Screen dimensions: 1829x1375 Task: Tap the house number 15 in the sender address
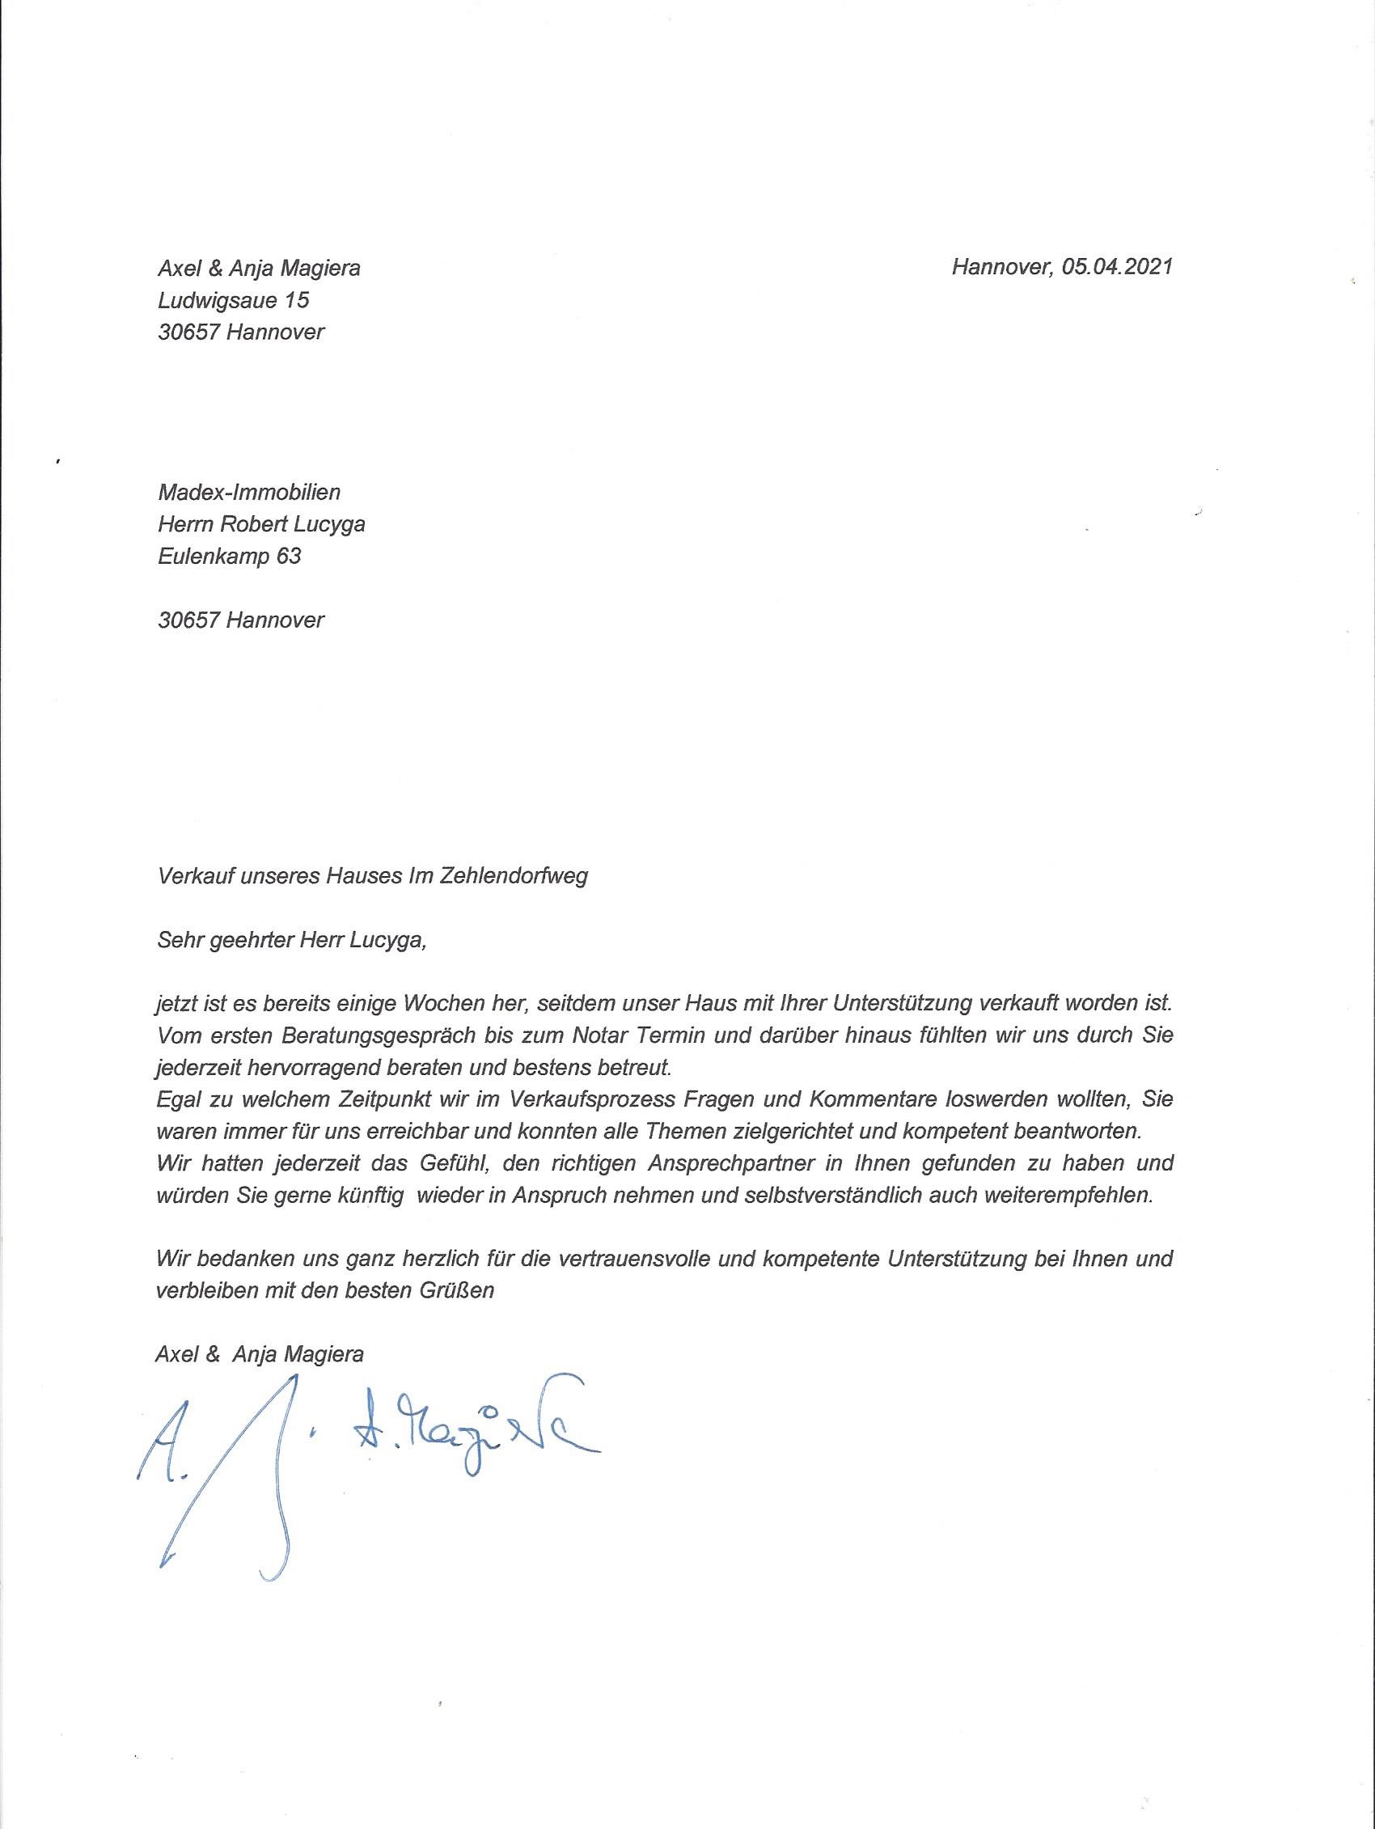click(297, 299)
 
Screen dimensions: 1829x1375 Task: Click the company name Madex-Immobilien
click(249, 493)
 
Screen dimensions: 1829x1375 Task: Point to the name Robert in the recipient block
click(262, 524)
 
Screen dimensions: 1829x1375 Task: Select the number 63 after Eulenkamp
click(289, 556)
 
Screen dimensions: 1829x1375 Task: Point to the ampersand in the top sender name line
click(212, 268)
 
